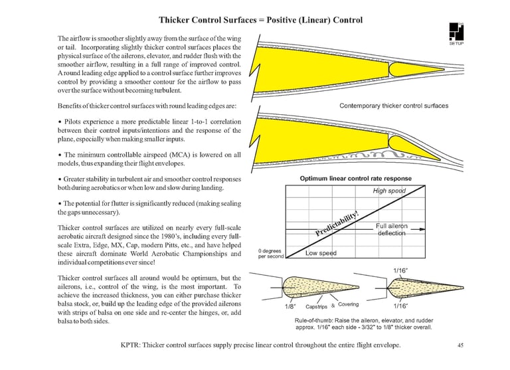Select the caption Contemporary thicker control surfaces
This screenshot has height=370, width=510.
point(394,106)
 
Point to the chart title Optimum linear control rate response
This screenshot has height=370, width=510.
point(355,178)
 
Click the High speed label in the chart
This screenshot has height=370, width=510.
point(388,191)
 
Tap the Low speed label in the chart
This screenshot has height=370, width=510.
point(321,252)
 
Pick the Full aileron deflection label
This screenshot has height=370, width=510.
point(392,230)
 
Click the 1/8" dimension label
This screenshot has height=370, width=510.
point(290,307)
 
